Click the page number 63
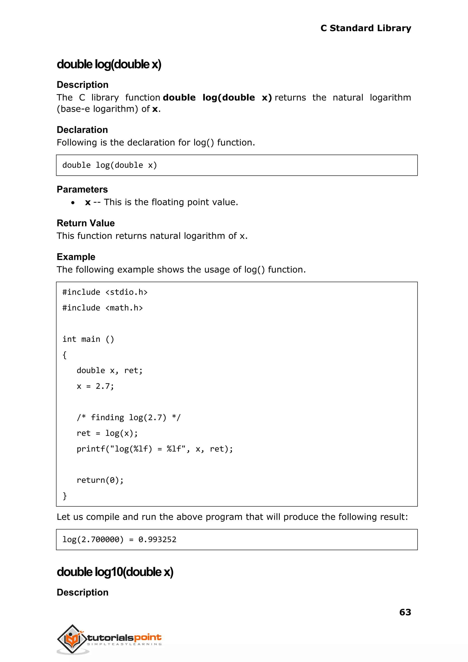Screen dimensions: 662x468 [x=405, y=612]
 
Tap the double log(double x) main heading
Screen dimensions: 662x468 [x=109, y=64]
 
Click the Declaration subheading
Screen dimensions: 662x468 [x=82, y=130]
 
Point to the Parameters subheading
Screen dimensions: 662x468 [x=82, y=189]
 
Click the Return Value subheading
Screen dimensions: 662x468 [x=86, y=223]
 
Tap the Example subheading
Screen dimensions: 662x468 [x=76, y=257]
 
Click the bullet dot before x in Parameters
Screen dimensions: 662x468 [x=73, y=203]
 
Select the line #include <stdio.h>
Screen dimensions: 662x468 [x=105, y=292]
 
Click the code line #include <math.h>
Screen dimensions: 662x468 [x=103, y=308]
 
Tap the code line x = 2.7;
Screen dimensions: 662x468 [x=95, y=386]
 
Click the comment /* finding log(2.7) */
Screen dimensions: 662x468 [x=128, y=417]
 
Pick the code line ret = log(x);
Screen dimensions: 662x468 [x=107, y=433]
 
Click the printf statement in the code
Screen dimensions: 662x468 [x=154, y=449]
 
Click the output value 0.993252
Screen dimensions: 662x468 [x=157, y=539]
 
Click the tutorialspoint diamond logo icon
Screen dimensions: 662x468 [x=72, y=639]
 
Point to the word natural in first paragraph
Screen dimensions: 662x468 [x=348, y=97]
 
